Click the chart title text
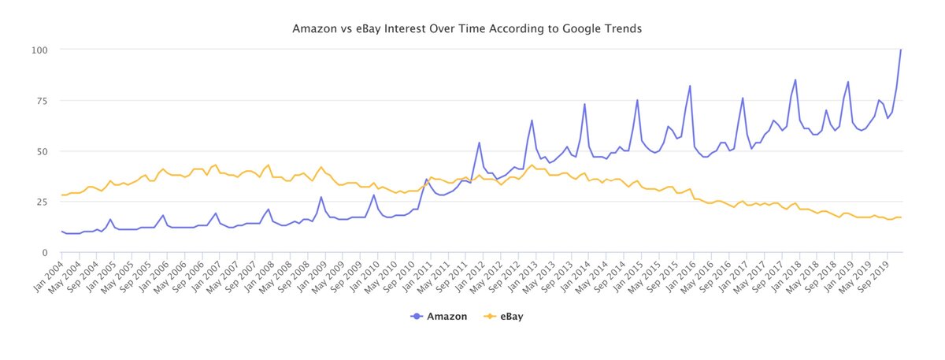click(x=467, y=29)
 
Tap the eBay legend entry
click(x=505, y=317)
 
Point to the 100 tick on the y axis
click(x=39, y=50)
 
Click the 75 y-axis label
click(x=42, y=101)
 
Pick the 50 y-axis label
click(x=42, y=151)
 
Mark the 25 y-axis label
click(x=42, y=202)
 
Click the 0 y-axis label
click(x=45, y=252)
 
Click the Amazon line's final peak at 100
click(x=901, y=50)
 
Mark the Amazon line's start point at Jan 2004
click(x=62, y=232)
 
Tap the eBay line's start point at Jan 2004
click(x=62, y=195)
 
